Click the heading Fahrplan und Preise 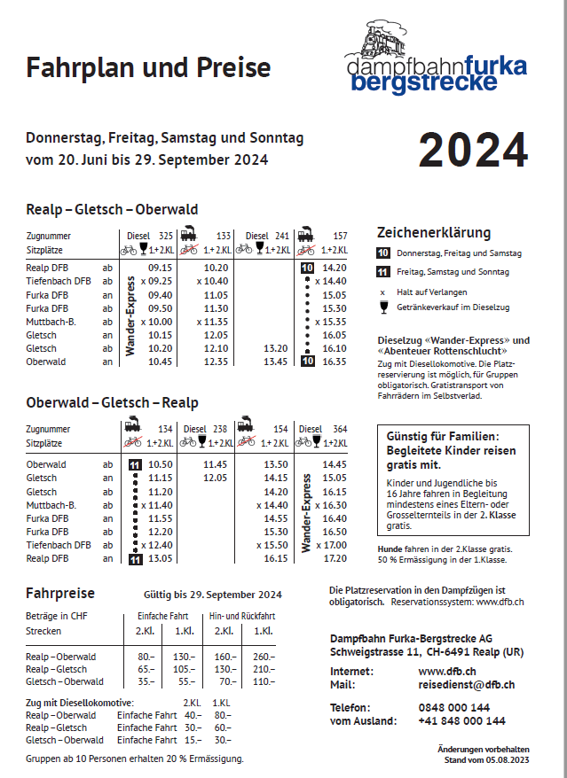[148, 68]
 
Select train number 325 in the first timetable [165, 237]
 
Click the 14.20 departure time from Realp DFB [335, 267]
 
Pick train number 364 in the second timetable [339, 429]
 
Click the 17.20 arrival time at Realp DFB [335, 559]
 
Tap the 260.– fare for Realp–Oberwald [264, 657]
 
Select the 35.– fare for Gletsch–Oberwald [146, 681]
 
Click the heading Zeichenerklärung [433, 233]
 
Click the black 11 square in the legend [384, 272]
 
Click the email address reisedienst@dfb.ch [466, 685]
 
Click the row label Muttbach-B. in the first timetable [52, 322]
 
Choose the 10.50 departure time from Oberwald [160, 464]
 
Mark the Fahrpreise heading [60, 593]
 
